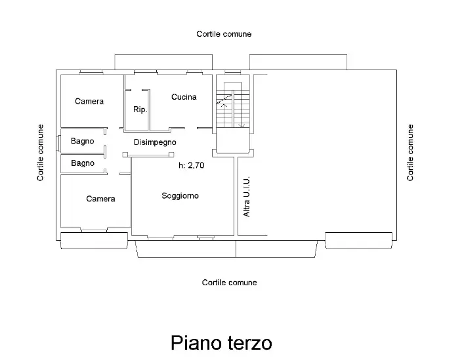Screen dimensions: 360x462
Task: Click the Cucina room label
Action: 184,97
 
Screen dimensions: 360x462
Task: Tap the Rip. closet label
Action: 140,110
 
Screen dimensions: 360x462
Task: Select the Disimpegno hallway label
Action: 155,142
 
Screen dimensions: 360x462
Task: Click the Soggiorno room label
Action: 180,195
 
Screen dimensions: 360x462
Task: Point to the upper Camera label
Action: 89,101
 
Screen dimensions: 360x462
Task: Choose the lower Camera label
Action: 100,199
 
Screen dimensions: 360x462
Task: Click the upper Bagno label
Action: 83,141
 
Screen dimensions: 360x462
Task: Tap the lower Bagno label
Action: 83,163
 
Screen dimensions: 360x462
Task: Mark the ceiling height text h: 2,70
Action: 192,166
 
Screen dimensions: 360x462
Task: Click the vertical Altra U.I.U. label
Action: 247,197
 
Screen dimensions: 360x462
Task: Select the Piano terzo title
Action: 221,343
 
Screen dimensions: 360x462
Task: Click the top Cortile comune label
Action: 224,33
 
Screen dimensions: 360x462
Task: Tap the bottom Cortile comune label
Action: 229,283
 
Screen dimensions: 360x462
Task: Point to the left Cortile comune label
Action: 41,152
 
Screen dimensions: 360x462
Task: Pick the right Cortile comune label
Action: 411,152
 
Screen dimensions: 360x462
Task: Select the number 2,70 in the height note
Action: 196,166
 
